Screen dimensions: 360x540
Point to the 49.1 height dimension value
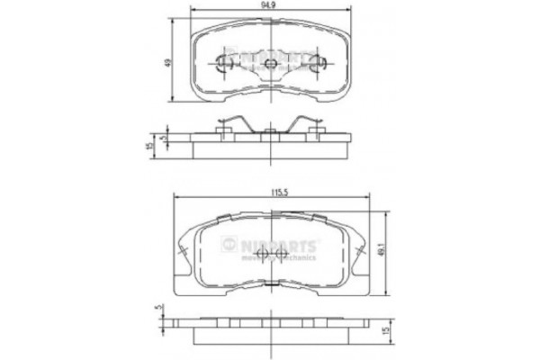[x=391, y=252]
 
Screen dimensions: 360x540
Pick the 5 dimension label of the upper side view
[x=163, y=139]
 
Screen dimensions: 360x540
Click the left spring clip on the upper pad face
[x=226, y=62]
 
